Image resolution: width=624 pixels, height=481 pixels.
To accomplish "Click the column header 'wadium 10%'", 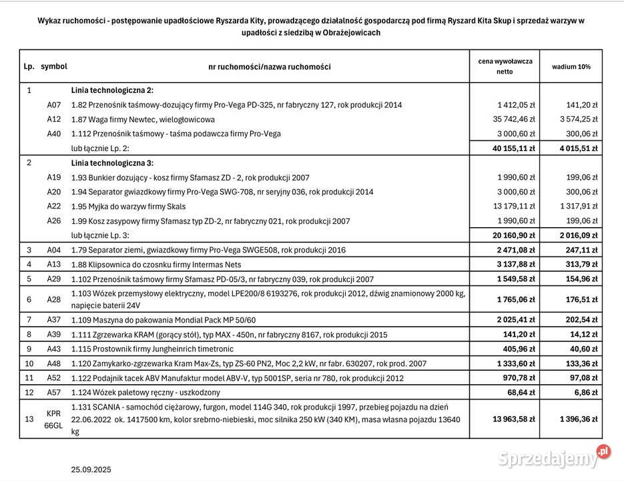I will pos(571,67).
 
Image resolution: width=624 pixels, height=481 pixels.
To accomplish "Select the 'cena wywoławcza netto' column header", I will pos(505,66).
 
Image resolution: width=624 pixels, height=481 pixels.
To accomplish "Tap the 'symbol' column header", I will pos(54,67).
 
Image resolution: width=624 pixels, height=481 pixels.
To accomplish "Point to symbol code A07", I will pos(54,105).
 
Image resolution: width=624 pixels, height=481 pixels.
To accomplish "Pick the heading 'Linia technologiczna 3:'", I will pos(112,163).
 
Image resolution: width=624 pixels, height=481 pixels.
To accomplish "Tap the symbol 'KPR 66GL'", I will pos(54,419).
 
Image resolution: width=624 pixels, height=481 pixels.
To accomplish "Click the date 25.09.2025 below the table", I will pos(91,470).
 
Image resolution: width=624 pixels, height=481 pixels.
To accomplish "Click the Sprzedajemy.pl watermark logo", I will pos(554,458).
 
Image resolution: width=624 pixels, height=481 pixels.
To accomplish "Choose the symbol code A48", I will pos(54,364).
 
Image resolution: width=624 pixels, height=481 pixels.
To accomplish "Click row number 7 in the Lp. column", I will pos(29,320).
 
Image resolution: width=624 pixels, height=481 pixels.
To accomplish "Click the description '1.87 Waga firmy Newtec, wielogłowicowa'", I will pos(143,120).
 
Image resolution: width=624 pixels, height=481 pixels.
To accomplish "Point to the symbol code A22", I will pos(54,206).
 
